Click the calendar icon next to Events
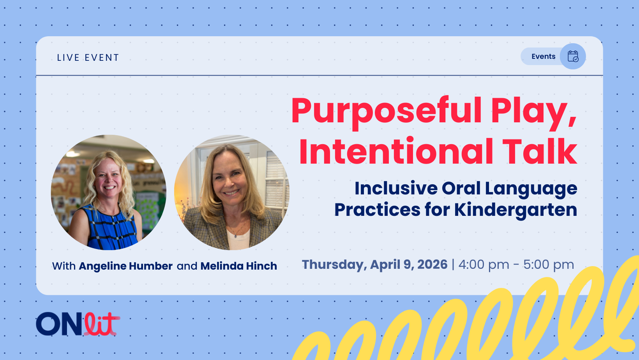(573, 56)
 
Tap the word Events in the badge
(543, 56)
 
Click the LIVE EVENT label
(88, 58)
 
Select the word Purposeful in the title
(386, 111)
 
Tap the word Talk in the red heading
(540, 152)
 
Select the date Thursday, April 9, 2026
(374, 265)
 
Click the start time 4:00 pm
(484, 265)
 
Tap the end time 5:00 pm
(548, 265)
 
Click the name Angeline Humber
(125, 266)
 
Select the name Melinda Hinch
(238, 266)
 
